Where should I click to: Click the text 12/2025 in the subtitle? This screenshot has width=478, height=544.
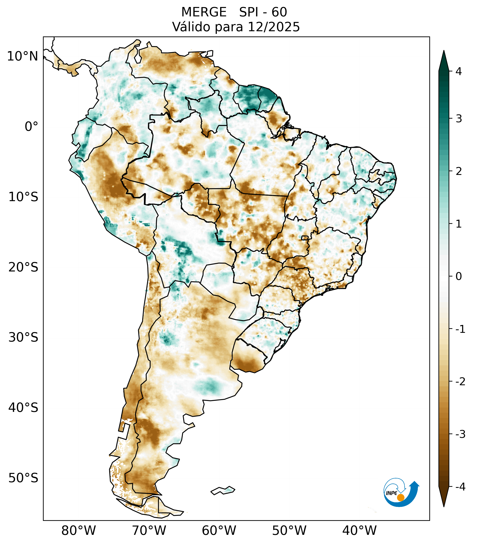(x=274, y=27)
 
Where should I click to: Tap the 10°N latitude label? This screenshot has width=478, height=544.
(x=23, y=56)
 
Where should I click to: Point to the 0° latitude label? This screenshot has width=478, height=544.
(x=31, y=127)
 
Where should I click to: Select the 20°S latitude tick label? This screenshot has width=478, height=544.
(x=23, y=267)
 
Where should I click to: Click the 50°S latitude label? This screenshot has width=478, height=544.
(x=23, y=478)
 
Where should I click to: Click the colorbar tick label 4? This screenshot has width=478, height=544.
(x=459, y=71)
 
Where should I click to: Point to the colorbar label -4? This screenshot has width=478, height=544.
(x=460, y=487)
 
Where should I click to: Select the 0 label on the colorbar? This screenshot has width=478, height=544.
(x=459, y=276)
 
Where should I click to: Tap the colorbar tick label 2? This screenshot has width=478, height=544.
(x=459, y=171)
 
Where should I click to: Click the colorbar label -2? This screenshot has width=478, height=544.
(x=460, y=382)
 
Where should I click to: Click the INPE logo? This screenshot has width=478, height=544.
(x=401, y=492)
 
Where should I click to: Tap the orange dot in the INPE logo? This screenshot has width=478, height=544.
(x=401, y=497)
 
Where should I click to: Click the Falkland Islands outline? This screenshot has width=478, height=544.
(x=223, y=490)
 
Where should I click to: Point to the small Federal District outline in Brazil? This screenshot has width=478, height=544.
(x=305, y=237)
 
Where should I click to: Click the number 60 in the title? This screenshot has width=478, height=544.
(x=279, y=12)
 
